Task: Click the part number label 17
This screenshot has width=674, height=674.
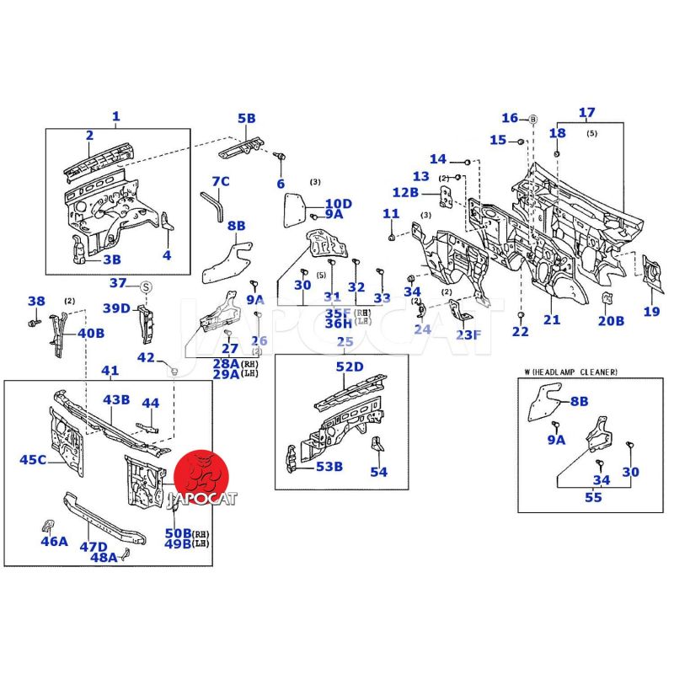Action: point(587,113)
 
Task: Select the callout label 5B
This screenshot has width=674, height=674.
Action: point(246,119)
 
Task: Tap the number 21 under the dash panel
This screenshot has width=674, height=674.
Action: point(552,319)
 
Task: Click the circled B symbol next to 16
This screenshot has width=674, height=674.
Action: point(532,118)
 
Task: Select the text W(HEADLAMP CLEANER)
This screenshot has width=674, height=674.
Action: point(570,372)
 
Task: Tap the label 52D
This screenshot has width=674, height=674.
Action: point(349,366)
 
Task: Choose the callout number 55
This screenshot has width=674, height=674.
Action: point(593,498)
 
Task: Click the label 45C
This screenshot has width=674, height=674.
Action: point(33,459)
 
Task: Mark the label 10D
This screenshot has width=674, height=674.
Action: point(339,203)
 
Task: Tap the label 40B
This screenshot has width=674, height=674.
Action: point(91,333)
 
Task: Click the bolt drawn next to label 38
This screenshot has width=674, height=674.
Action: point(33,323)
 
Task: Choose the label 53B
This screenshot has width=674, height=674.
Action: point(328,467)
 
